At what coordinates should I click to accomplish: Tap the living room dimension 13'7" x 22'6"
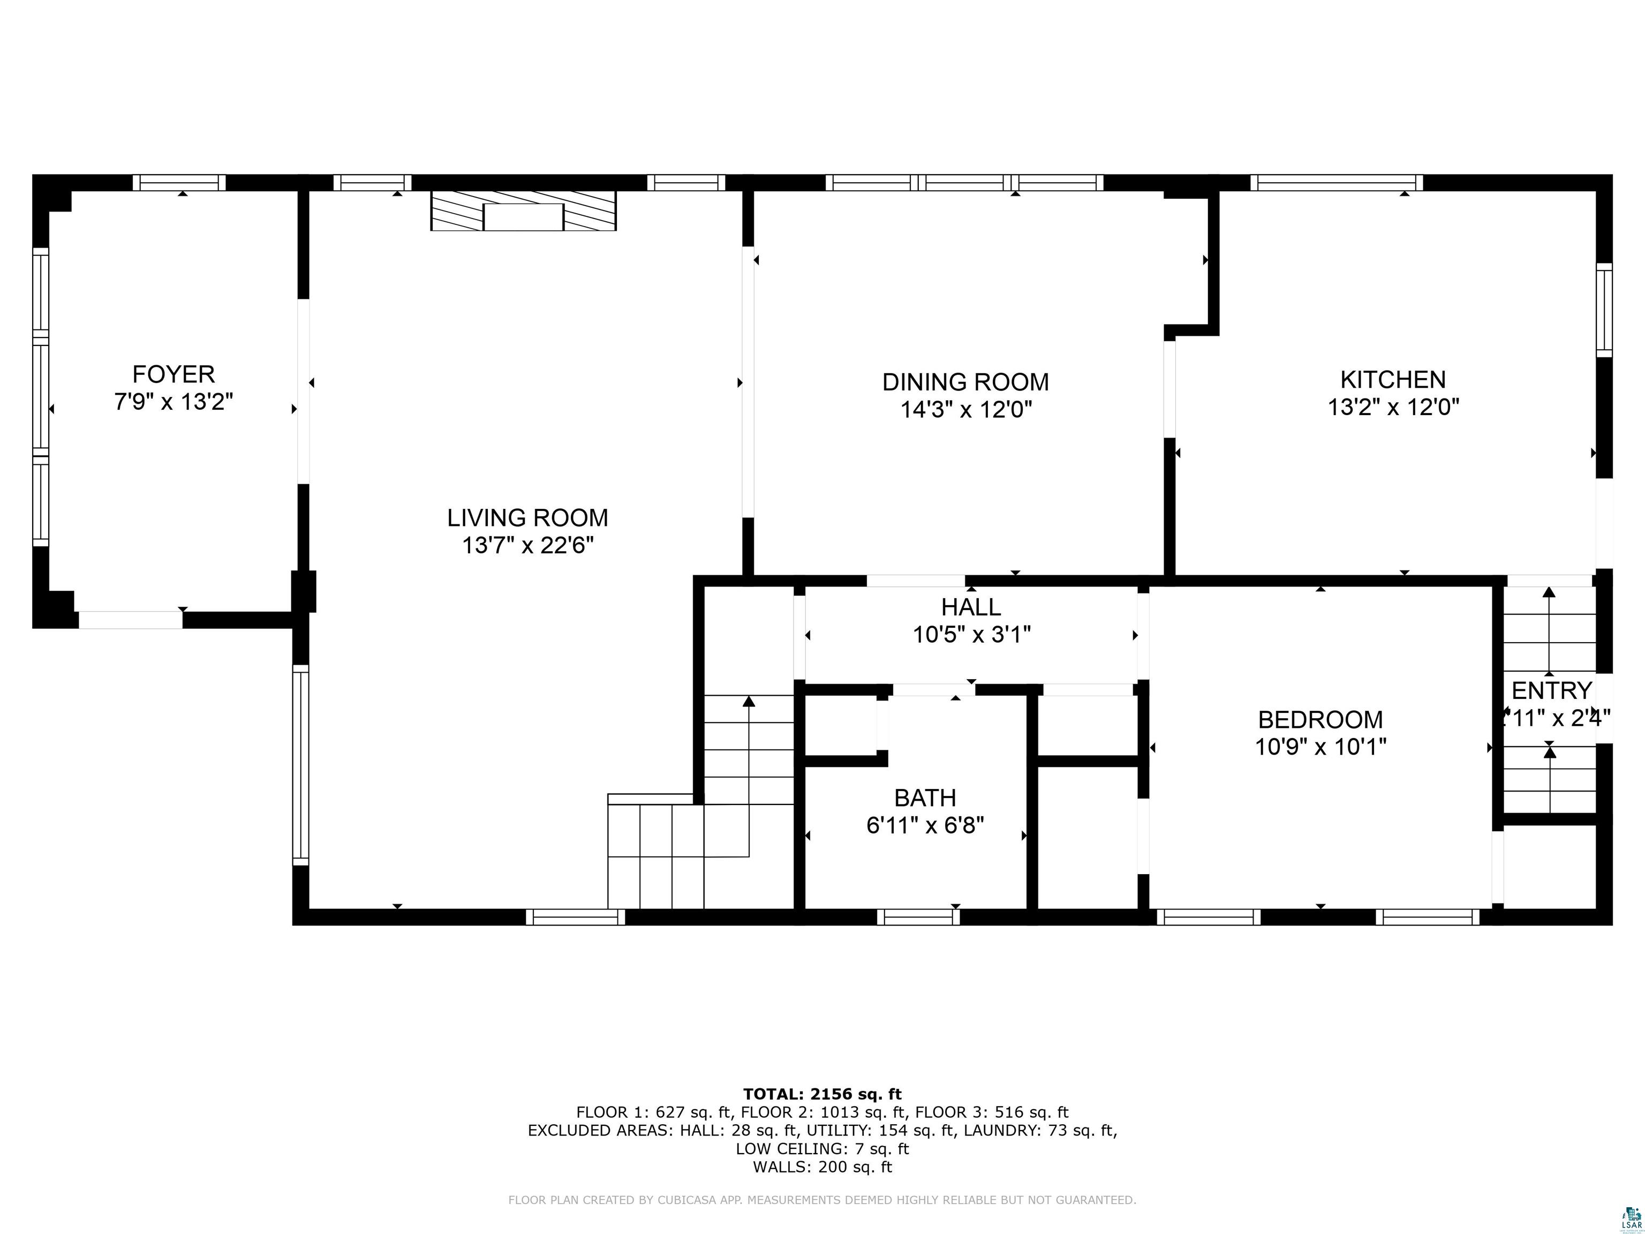click(527, 546)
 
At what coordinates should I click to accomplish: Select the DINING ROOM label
click(965, 382)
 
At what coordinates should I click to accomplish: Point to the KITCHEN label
click(1392, 380)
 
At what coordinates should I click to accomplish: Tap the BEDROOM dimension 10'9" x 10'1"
click(1320, 747)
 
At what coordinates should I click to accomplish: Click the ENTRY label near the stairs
click(1551, 691)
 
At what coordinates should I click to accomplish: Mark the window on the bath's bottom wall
click(918, 917)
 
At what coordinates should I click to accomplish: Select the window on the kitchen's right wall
click(1604, 310)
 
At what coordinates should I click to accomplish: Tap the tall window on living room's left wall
click(300, 765)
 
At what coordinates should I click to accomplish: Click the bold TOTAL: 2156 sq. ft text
click(822, 1094)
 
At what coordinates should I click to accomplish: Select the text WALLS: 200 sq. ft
click(822, 1167)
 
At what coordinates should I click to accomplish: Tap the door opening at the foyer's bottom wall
click(131, 620)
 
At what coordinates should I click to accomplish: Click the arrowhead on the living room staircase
click(749, 701)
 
